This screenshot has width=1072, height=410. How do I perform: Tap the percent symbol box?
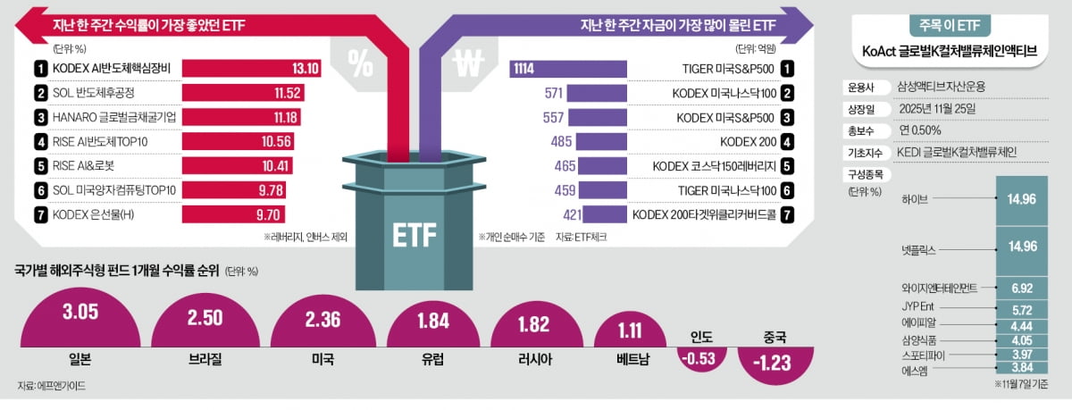click(x=361, y=64)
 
